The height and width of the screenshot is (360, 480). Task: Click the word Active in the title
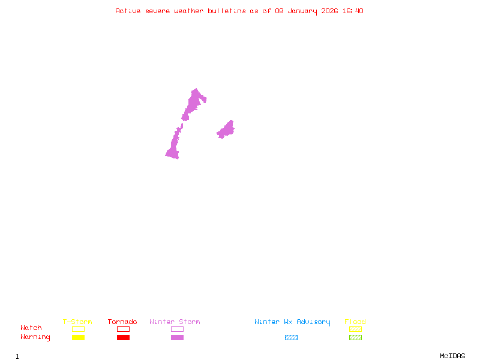click(x=128, y=11)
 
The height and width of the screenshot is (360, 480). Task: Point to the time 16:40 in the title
click(x=353, y=11)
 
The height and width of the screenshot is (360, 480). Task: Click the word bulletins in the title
click(x=227, y=11)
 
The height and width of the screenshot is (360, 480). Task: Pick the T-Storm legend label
click(x=77, y=322)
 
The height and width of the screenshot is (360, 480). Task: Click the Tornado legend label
click(x=122, y=322)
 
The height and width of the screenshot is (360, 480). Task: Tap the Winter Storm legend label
click(x=175, y=322)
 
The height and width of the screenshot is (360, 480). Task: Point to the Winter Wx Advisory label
click(x=292, y=322)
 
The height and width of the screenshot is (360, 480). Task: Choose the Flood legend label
click(x=355, y=322)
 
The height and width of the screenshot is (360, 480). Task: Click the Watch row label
click(x=31, y=328)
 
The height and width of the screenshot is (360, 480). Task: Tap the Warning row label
click(x=35, y=337)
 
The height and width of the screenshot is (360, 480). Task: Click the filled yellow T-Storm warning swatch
click(x=78, y=338)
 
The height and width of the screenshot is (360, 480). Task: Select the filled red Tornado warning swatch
click(x=123, y=338)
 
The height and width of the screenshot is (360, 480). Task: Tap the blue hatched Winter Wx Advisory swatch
click(x=291, y=338)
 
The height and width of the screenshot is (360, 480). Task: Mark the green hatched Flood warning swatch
click(x=355, y=338)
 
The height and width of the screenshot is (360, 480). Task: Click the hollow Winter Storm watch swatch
click(x=177, y=329)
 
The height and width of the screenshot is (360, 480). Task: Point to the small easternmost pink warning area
click(x=226, y=130)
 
